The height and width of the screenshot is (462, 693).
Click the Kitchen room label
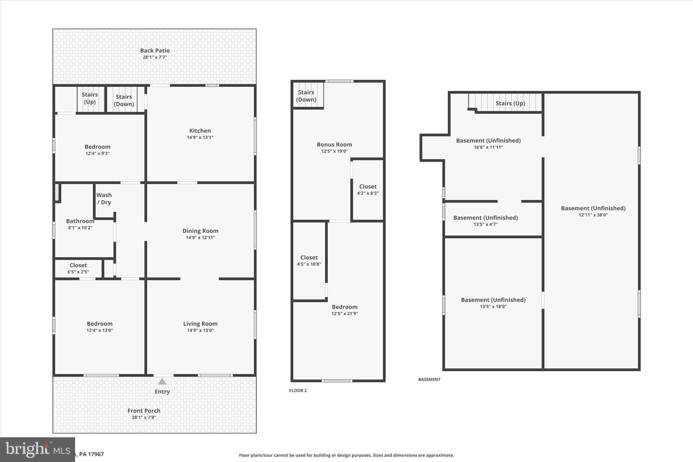tap(200, 131)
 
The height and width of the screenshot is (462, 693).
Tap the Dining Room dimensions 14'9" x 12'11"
tap(200, 238)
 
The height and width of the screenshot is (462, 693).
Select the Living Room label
tap(200, 324)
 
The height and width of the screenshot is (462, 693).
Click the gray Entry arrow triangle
tap(162, 382)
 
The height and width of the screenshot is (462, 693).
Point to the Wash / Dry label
tap(104, 199)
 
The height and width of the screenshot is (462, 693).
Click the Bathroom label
tap(80, 221)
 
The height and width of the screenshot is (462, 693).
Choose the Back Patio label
tap(155, 50)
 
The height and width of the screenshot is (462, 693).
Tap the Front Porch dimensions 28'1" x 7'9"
tap(144, 418)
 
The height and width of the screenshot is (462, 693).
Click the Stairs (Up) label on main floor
tap(90, 98)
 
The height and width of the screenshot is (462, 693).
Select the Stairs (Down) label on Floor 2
tap(306, 96)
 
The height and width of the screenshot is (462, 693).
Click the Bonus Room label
tap(334, 145)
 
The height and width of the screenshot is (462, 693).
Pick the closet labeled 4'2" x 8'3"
tap(368, 190)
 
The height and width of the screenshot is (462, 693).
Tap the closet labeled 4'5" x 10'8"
tap(309, 261)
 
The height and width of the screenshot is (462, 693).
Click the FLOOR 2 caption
tap(298, 391)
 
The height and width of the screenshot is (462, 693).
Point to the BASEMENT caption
tap(429, 379)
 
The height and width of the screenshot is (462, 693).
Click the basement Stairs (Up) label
tap(510, 103)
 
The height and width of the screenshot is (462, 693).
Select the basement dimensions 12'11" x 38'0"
tap(593, 215)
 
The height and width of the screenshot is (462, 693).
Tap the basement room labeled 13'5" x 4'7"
tap(486, 221)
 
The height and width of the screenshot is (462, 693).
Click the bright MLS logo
tap(37, 449)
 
